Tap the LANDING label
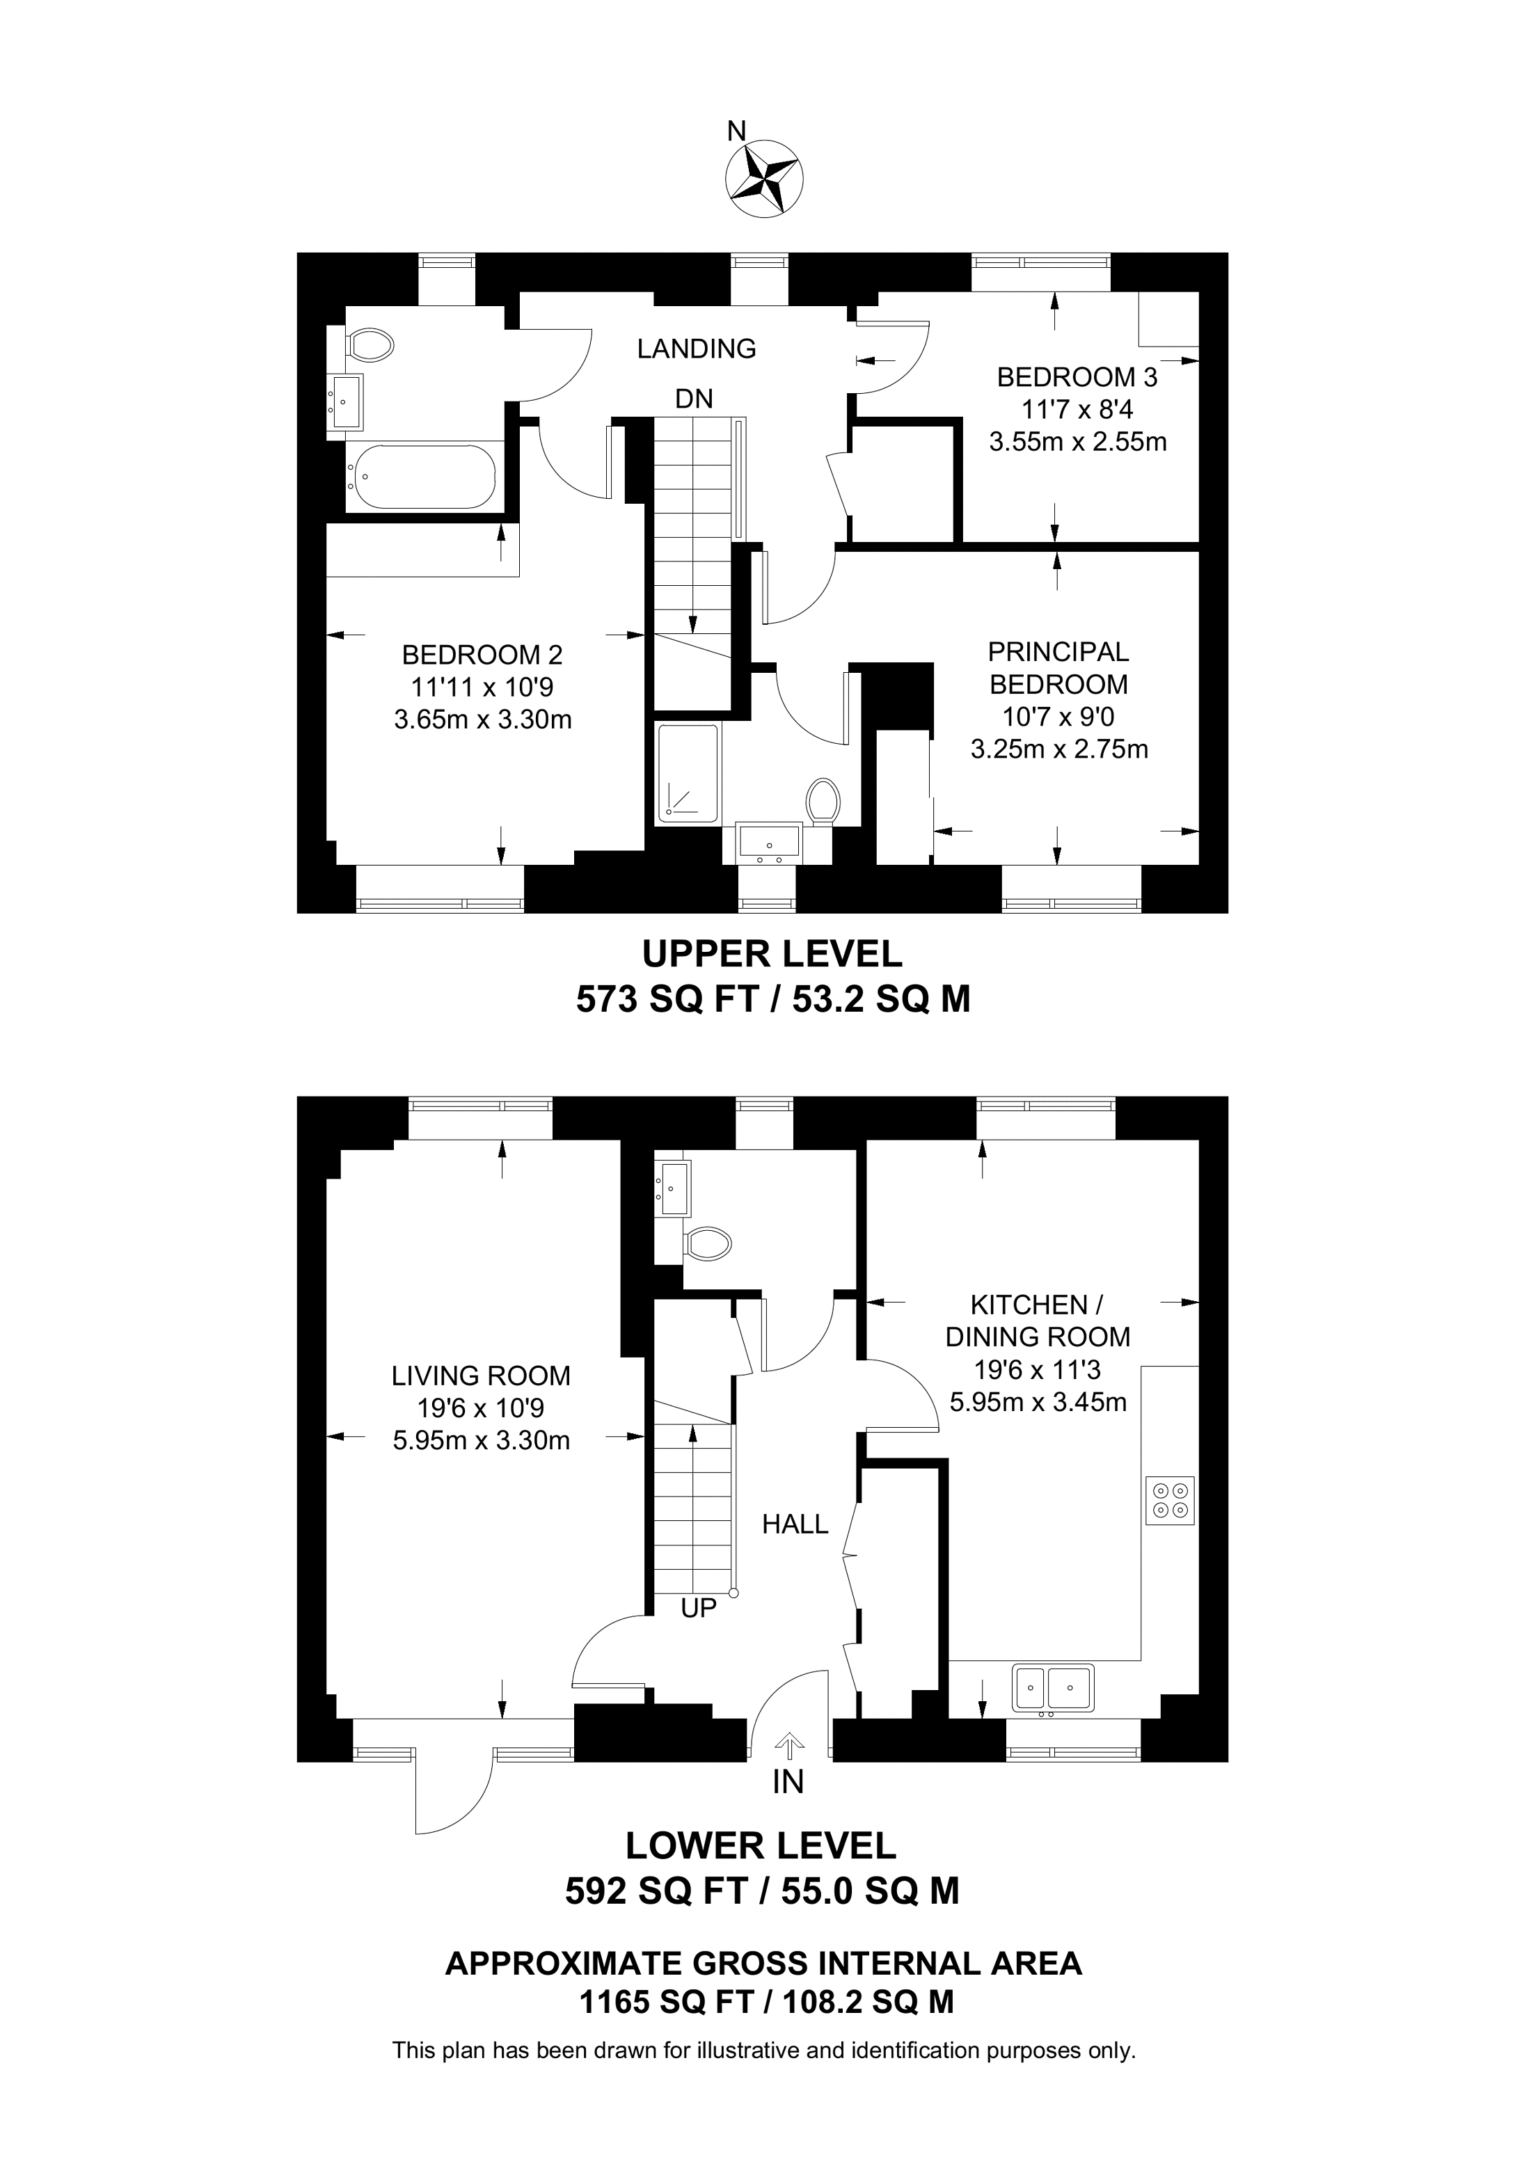696,349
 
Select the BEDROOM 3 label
1077,377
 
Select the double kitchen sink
1053,1688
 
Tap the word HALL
795,1524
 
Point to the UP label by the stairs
699,1607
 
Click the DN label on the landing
695,399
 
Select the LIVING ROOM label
481,1376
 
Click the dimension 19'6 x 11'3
1038,1369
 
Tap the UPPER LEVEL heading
772,954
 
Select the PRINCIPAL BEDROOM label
1058,668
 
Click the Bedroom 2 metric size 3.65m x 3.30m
483,720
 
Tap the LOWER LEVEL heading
761,1845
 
